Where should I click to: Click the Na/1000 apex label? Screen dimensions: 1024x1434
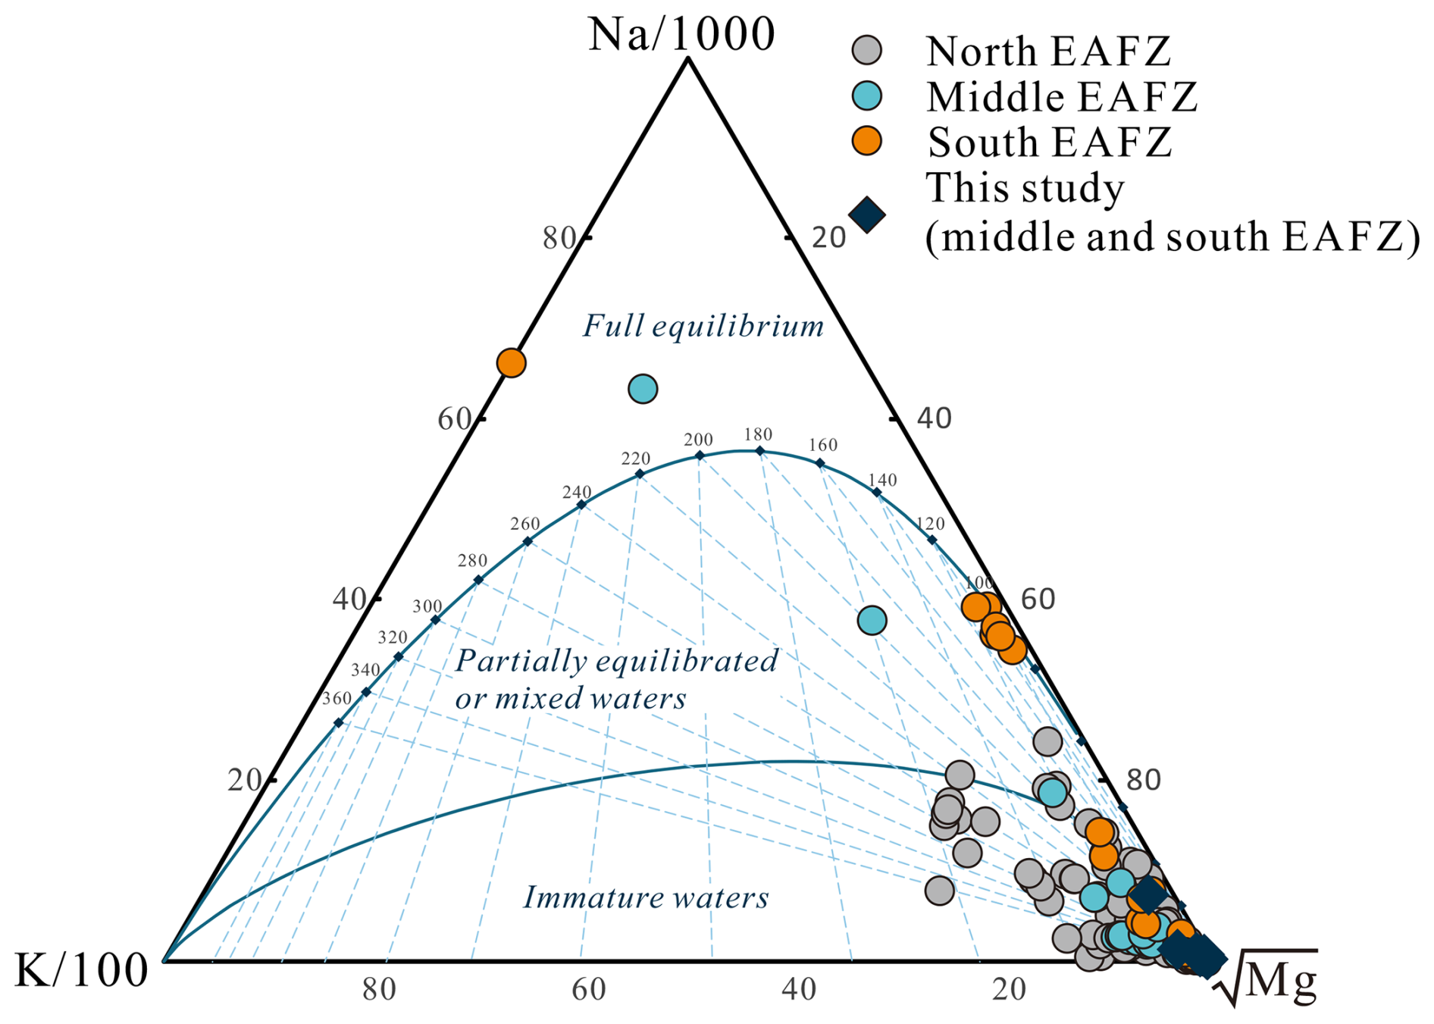(681, 35)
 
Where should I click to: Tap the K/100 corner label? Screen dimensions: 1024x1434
(81, 971)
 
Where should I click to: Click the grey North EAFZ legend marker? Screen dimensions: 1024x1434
(867, 51)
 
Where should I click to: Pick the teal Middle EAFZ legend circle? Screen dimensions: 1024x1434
(867, 96)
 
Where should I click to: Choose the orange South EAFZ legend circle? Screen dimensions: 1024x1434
(867, 141)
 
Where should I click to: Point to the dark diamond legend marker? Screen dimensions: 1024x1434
(867, 215)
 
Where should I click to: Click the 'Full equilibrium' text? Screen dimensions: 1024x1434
(703, 326)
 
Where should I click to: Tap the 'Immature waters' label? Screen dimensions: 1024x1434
(646, 897)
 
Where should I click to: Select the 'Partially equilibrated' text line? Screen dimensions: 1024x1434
(616, 661)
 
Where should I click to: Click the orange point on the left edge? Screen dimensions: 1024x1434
(512, 363)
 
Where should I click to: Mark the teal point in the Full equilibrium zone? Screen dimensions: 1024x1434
(643, 389)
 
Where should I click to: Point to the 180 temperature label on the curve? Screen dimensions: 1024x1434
(758, 434)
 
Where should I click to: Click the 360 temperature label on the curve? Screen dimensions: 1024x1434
(337, 698)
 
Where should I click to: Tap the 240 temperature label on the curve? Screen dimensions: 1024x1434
(577, 492)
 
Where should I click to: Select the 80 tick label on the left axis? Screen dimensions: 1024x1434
(559, 238)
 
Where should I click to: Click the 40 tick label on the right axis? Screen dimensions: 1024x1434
(934, 418)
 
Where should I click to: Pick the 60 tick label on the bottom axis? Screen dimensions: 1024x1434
(588, 990)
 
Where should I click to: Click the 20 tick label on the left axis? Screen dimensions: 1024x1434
(244, 780)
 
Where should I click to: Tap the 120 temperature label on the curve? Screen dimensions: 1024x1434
(930, 524)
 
